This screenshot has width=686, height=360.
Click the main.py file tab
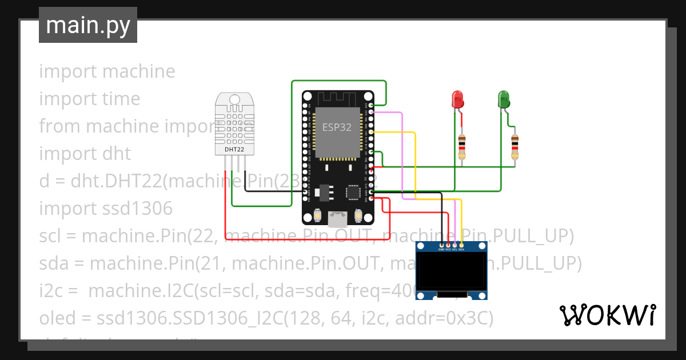pos(87,25)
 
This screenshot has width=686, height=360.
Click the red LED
pos(457,99)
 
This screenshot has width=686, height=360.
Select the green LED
pos(503,99)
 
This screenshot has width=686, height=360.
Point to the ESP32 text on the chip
pos(337,127)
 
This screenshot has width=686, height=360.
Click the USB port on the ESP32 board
pos(337,218)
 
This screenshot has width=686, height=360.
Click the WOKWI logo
pos(607,315)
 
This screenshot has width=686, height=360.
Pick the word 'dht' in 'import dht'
pos(117,154)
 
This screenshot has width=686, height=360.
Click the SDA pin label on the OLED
pos(461,250)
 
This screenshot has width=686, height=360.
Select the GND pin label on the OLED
pos(441,250)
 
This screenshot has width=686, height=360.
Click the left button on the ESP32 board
pos(317,216)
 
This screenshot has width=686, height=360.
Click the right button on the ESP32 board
pos(358,216)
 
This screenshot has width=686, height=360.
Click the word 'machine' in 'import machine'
pos(139,71)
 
